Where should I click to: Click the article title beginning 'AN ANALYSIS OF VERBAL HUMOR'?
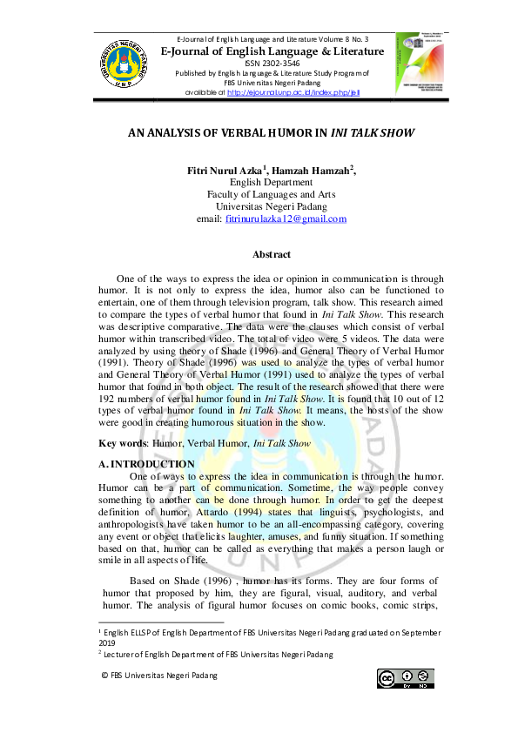[272, 135]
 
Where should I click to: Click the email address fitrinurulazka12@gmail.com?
[286, 219]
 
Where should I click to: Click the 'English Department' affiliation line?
[272, 183]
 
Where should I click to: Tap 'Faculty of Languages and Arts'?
[272, 195]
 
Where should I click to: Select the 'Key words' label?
[123, 443]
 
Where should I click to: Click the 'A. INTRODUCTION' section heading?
[147, 465]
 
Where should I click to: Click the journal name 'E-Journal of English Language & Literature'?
[272, 51]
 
